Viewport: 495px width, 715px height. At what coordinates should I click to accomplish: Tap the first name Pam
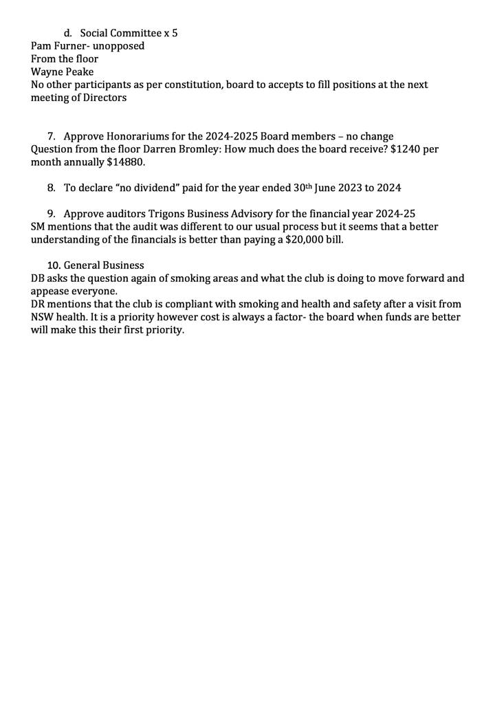(x=41, y=46)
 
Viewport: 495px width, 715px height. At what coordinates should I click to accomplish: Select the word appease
(x=52, y=291)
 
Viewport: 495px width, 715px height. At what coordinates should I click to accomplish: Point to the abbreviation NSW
(x=42, y=317)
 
